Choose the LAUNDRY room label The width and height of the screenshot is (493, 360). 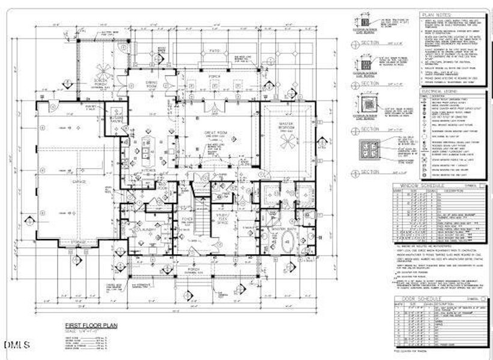(148, 230)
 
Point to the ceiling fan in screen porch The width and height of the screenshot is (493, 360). (98, 67)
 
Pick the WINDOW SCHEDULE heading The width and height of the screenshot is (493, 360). (420, 186)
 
